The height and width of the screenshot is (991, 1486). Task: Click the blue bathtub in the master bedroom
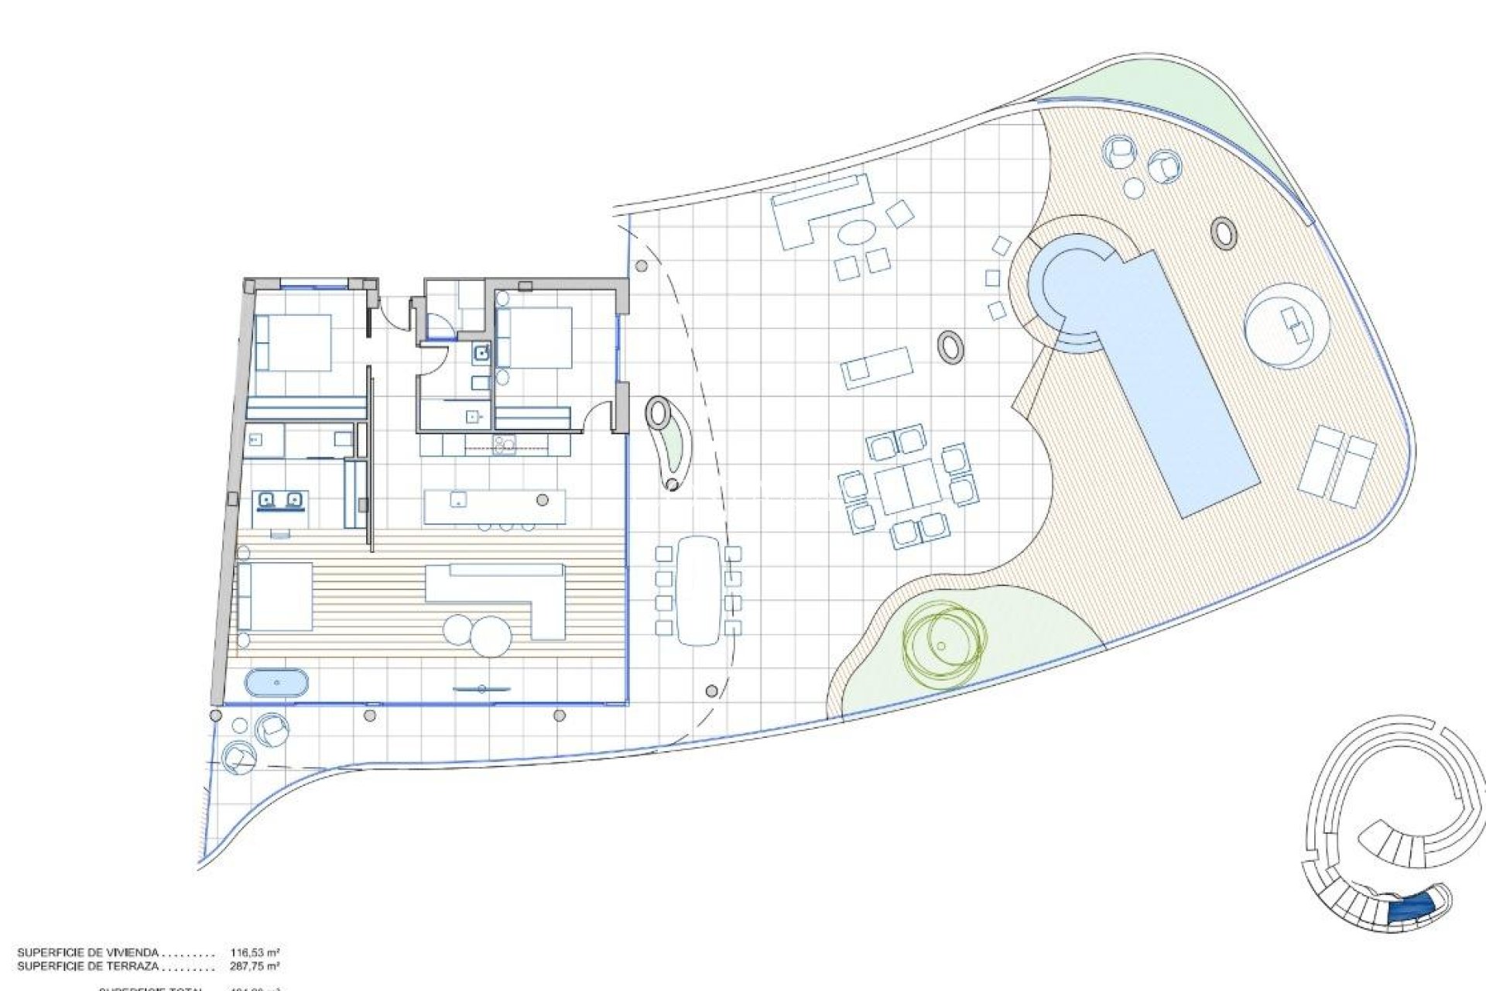[x=276, y=684]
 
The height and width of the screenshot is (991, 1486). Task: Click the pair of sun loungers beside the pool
[x=1338, y=465]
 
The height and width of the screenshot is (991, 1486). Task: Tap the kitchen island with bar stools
[x=495, y=507]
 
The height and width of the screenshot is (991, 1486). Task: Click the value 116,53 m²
[x=255, y=953]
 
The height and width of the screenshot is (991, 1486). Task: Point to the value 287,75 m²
[x=255, y=966]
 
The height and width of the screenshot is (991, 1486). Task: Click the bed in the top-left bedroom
[x=293, y=342]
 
